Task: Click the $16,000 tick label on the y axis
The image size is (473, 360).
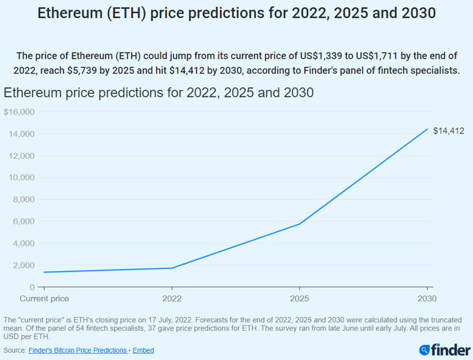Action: point(19,112)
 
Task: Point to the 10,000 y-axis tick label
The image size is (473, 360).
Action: point(21,178)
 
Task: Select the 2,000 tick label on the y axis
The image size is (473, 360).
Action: point(24,265)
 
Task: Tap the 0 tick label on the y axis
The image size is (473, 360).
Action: point(32,287)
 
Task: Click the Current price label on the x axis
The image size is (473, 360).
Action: point(44,299)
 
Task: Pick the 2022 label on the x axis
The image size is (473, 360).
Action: point(172,299)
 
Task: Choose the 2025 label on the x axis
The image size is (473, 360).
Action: point(299,299)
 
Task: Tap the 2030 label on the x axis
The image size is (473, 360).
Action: point(427,299)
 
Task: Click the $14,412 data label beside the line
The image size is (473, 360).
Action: point(449,131)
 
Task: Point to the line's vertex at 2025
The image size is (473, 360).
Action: point(299,224)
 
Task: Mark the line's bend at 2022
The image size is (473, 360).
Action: point(172,268)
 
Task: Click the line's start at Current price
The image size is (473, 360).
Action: point(44,272)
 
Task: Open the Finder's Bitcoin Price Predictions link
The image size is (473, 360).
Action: point(78,350)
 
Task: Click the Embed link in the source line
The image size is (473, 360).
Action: point(143,350)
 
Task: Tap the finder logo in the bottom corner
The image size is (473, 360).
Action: point(444,350)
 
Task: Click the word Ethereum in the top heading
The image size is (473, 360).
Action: point(69,13)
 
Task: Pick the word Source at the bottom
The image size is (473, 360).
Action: point(14,350)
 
